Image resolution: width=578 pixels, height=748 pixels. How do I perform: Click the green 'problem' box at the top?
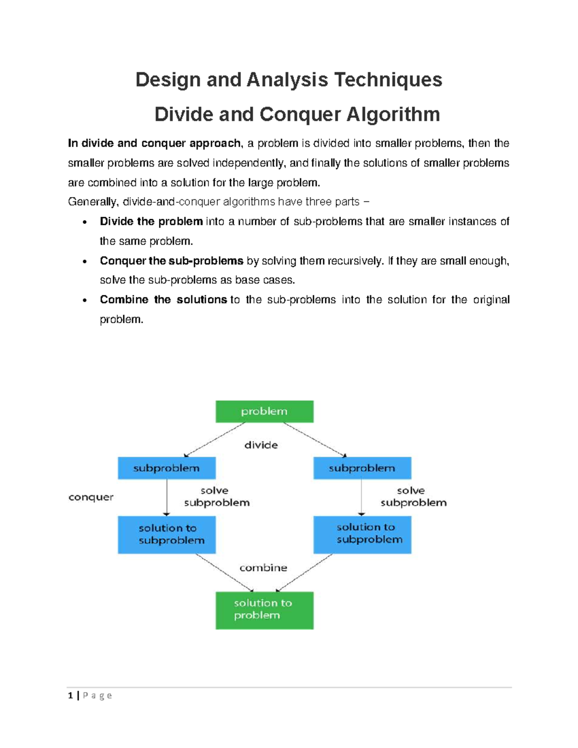point(264,411)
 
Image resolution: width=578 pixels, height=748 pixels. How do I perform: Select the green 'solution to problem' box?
point(264,610)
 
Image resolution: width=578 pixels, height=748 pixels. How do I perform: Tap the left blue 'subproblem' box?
point(167,468)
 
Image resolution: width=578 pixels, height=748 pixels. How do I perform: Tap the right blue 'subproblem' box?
point(362,468)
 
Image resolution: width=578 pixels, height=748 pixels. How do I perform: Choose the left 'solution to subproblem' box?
point(167,534)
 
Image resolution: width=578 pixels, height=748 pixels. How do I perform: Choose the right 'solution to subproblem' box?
point(362,534)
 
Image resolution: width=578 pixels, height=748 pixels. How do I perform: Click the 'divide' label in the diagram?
point(261,445)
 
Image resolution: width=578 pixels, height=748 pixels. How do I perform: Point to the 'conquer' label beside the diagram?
point(91,497)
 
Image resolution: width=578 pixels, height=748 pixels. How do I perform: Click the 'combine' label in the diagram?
point(263,568)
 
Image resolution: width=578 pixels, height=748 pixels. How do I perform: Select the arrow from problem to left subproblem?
point(215,439)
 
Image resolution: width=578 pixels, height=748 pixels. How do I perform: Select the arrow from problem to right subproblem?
point(315,439)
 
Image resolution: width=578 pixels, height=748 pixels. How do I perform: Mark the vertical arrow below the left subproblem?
point(167,498)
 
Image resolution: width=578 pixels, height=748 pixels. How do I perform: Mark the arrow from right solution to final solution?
point(305,573)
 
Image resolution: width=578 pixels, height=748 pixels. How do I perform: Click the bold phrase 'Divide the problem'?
point(151,222)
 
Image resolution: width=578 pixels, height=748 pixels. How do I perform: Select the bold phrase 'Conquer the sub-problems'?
point(171,261)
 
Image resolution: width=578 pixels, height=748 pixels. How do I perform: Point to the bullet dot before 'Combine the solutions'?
point(85,301)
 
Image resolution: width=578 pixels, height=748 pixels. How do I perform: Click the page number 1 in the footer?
point(71,695)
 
